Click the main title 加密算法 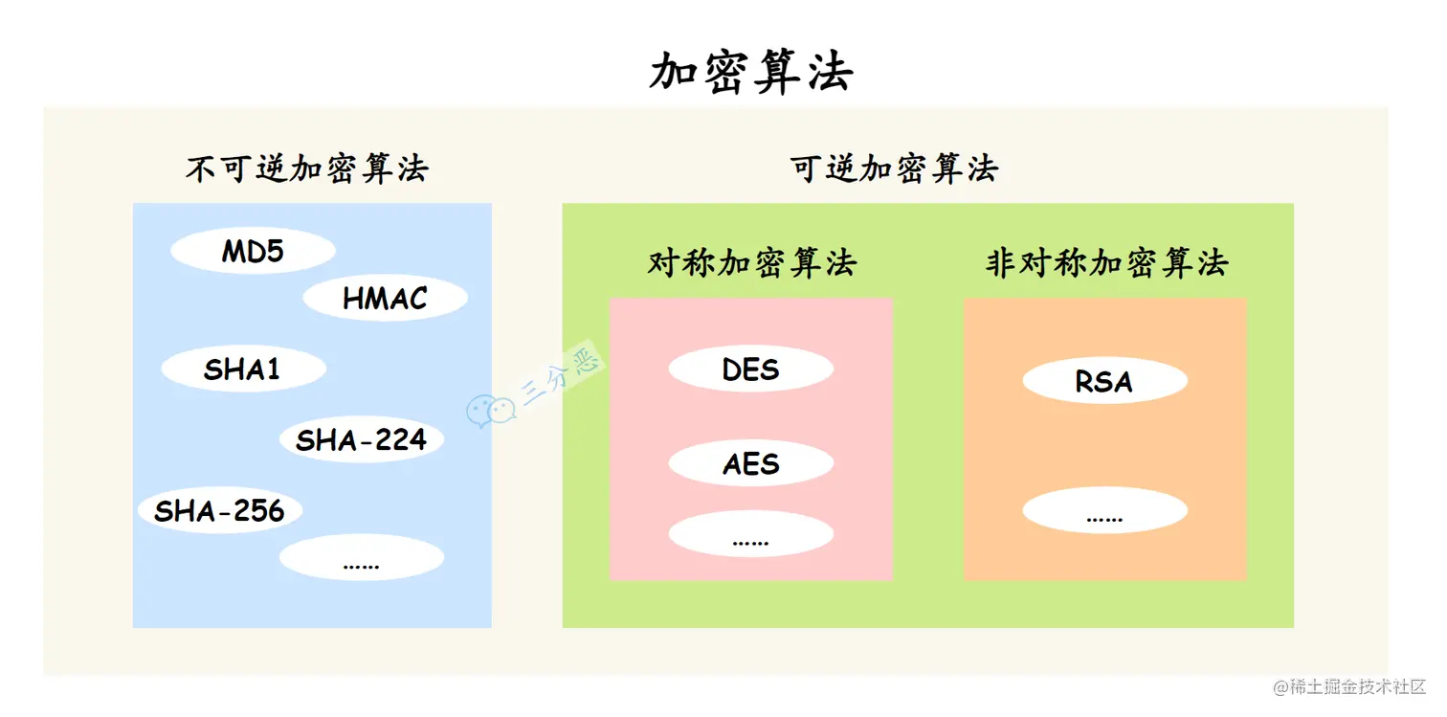click(750, 72)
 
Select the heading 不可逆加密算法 click(306, 169)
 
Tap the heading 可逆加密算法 click(894, 169)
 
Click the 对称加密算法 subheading click(751, 262)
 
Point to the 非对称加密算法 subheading click(1105, 262)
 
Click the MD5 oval click(253, 252)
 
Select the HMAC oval click(385, 299)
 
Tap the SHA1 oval click(243, 370)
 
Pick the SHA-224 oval click(361, 440)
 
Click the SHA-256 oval click(220, 510)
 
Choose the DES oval click(750, 370)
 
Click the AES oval click(750, 464)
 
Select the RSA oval click(1104, 381)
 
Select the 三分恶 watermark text click(561, 378)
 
